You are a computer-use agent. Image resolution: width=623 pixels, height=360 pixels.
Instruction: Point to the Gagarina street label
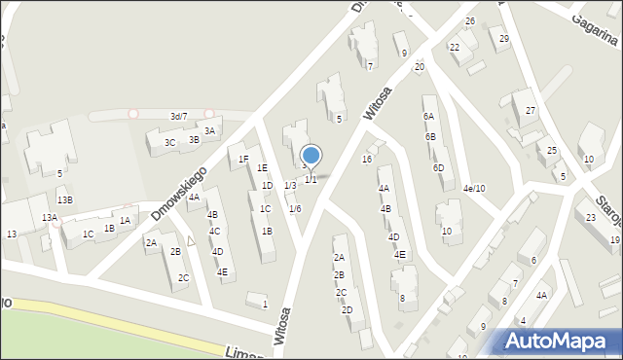[595, 30]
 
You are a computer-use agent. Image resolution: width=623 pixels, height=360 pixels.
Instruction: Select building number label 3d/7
[178, 117]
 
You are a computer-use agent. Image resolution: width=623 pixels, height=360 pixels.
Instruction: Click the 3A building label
[209, 131]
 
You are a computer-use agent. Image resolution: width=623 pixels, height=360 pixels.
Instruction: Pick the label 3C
[169, 143]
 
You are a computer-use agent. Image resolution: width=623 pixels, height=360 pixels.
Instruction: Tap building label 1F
[244, 160]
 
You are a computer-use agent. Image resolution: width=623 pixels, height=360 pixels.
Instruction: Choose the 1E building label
[262, 167]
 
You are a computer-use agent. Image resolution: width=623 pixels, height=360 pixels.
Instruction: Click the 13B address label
[64, 200]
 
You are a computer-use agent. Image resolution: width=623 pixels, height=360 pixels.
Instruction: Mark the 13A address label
[49, 219]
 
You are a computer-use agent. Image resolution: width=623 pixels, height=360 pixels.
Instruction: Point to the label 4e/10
[474, 188]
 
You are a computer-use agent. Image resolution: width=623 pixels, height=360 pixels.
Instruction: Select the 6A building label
[428, 116]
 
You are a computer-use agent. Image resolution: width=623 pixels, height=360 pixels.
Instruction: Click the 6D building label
[439, 167]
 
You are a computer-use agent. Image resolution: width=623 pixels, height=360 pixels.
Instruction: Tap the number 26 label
[470, 21]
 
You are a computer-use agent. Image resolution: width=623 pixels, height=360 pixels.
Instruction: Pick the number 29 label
[504, 38]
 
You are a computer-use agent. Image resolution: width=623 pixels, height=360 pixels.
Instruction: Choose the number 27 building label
[531, 111]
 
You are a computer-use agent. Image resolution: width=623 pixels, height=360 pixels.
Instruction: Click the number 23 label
[591, 217]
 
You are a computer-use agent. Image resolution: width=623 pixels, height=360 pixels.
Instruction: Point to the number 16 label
[367, 159]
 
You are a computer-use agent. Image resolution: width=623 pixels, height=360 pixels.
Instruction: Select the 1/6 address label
[295, 209]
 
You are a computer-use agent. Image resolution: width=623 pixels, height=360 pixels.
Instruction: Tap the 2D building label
[347, 310]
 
